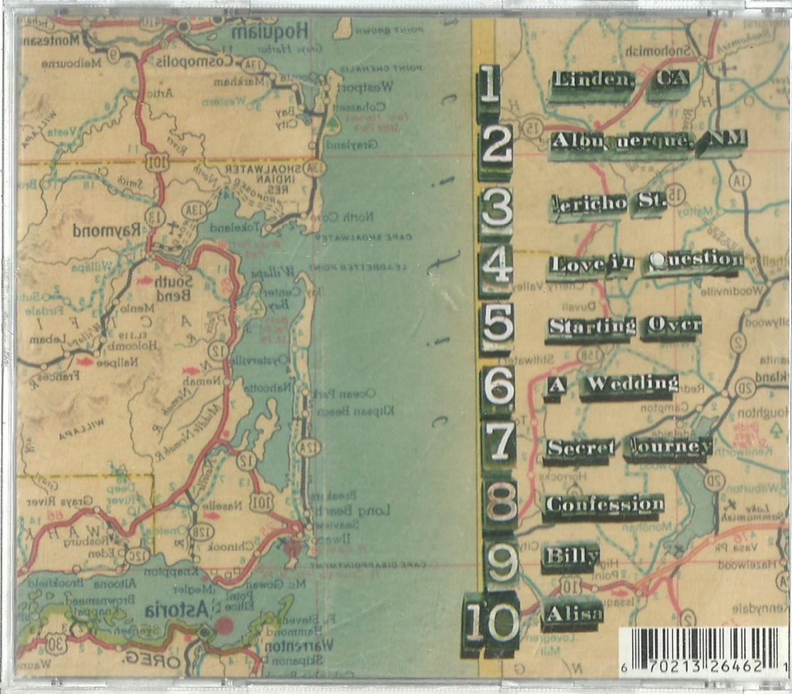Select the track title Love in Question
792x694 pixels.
coord(645,262)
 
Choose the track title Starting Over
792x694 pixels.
coord(624,326)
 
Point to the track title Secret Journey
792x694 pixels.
coord(627,447)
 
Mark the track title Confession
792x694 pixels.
coord(604,503)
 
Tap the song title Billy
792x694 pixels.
coord(570,557)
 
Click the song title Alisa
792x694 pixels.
coord(572,614)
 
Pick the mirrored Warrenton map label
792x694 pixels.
coord(295,648)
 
